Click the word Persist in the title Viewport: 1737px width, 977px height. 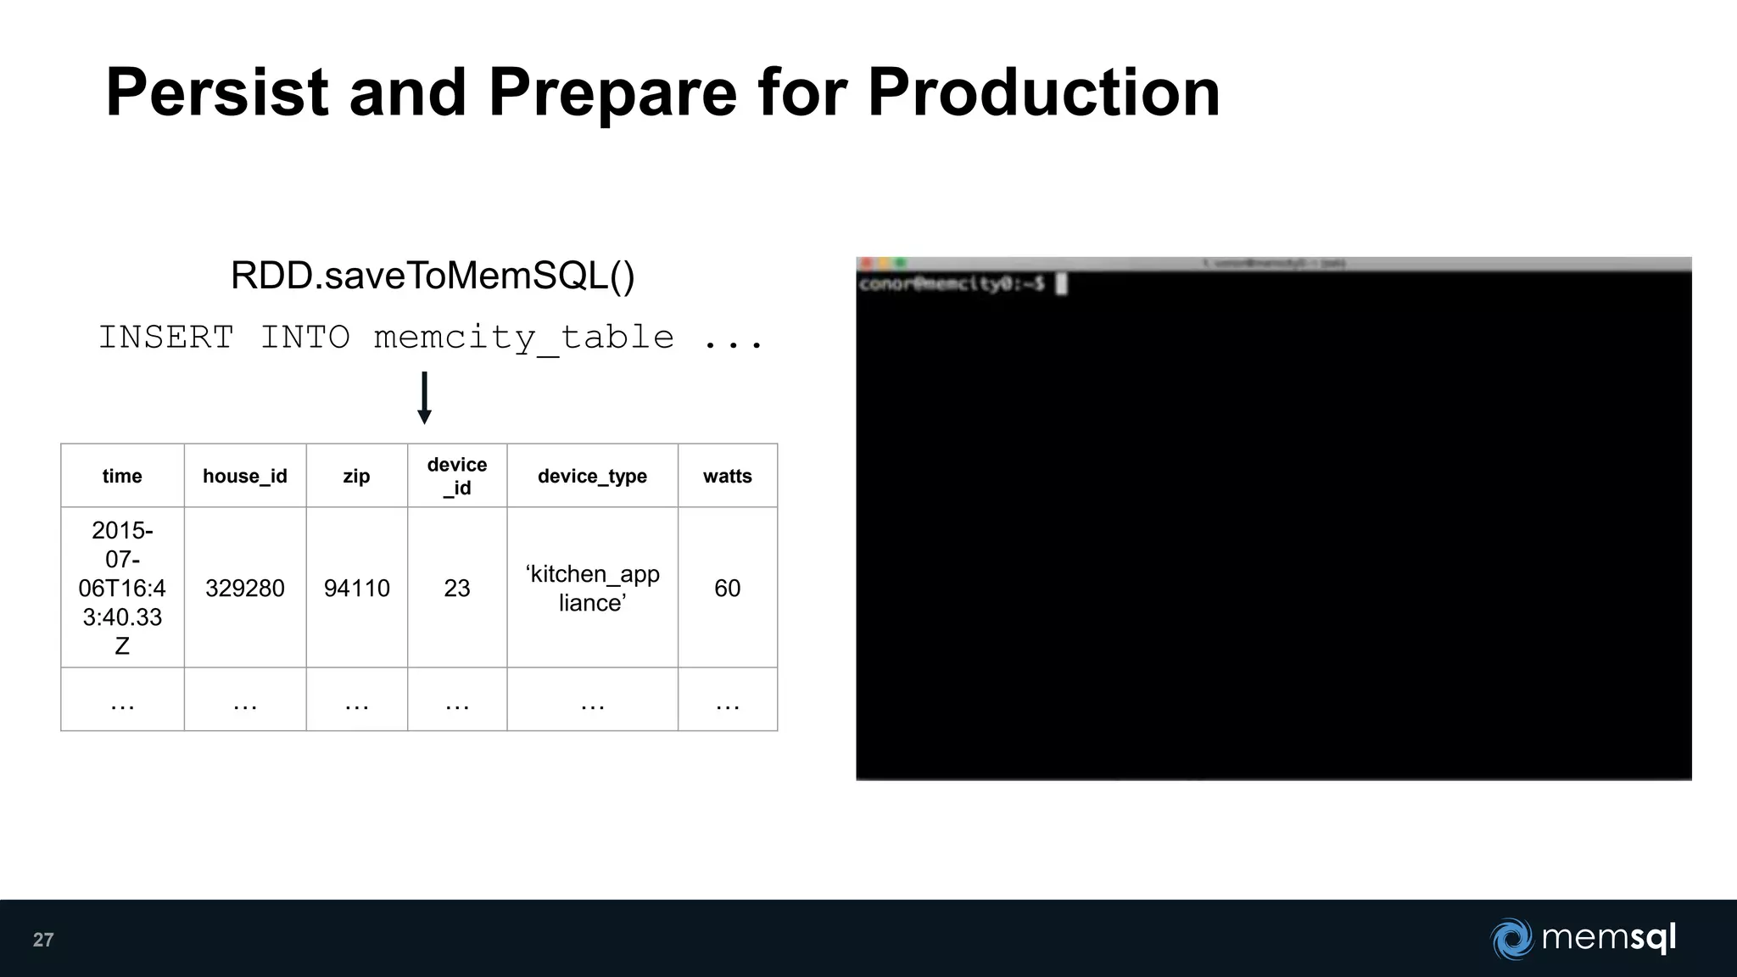click(217, 92)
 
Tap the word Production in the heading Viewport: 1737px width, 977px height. click(1043, 92)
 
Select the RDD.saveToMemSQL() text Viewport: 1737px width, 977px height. click(433, 276)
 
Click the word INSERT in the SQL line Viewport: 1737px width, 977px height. click(166, 338)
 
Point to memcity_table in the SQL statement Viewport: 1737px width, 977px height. click(524, 338)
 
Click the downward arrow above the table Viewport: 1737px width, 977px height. click(425, 398)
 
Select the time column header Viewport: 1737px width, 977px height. click(122, 476)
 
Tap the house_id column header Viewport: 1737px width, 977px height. click(245, 476)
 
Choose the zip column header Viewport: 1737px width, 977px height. click(356, 476)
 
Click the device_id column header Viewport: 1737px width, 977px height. click(457, 476)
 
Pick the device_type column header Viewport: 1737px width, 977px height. click(592, 476)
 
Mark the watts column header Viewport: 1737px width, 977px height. click(728, 476)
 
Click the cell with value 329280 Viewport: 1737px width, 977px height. click(245, 588)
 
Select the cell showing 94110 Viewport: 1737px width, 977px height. click(357, 588)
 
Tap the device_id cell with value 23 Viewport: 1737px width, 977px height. click(457, 588)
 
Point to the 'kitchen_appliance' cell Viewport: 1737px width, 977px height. click(592, 588)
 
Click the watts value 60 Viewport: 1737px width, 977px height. click(728, 588)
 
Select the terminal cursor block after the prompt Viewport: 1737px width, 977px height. click(1061, 284)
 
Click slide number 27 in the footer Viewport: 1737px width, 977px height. click(43, 940)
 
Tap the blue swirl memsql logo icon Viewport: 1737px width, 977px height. click(1511, 939)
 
